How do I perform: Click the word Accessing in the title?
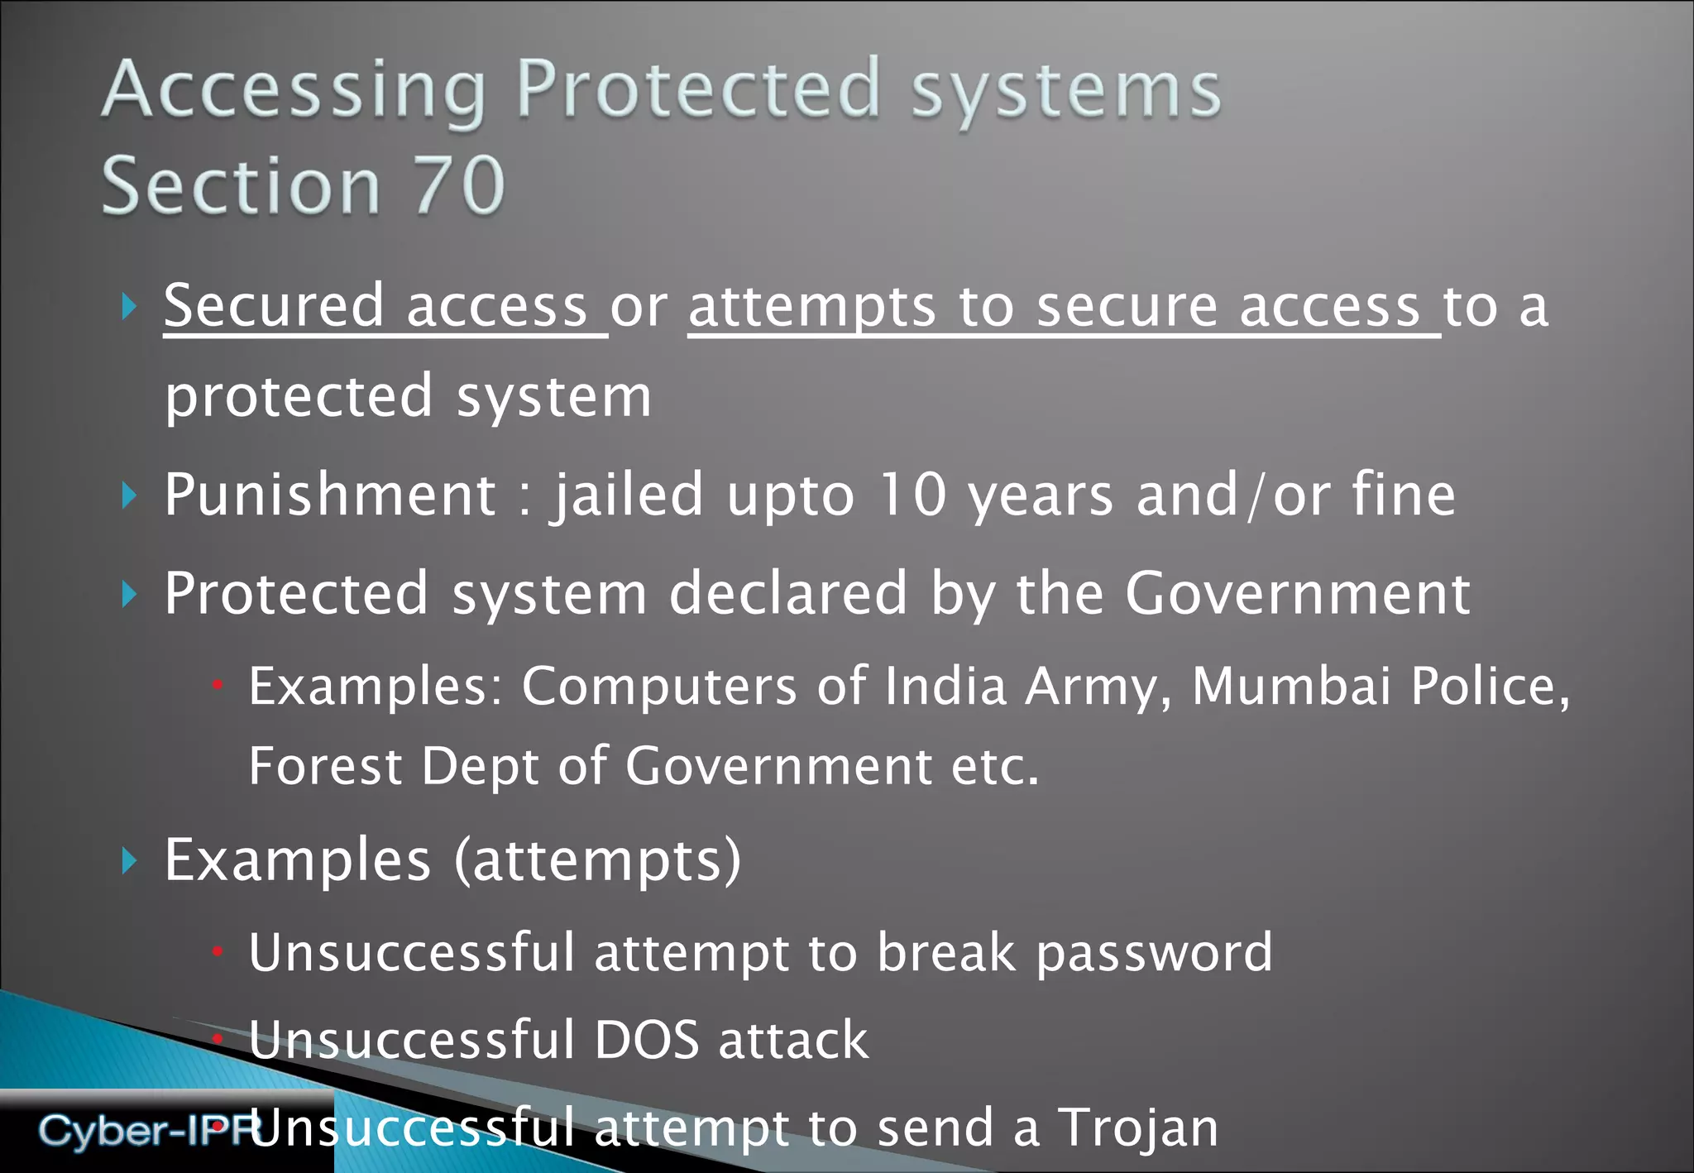pyautogui.click(x=294, y=91)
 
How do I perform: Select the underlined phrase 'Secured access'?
pyautogui.click(x=376, y=306)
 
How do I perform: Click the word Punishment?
pyautogui.click(x=330, y=495)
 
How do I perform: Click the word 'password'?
pyautogui.click(x=1154, y=954)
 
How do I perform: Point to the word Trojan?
pyautogui.click(x=1139, y=1128)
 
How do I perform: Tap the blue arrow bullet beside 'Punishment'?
pyautogui.click(x=129, y=496)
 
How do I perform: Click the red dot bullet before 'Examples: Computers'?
pyautogui.click(x=218, y=685)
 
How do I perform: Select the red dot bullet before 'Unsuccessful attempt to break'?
pyautogui.click(x=218, y=952)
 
